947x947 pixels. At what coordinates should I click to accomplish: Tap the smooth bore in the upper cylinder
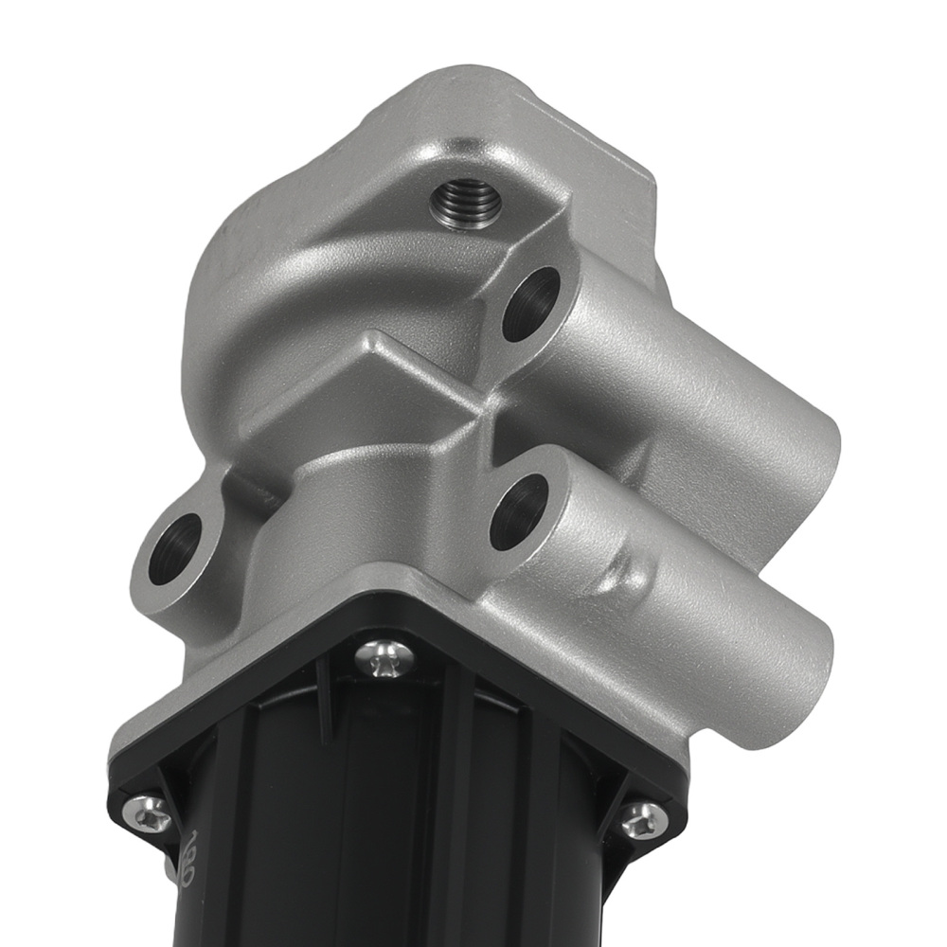[531, 304]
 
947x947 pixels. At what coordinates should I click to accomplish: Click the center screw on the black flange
[386, 655]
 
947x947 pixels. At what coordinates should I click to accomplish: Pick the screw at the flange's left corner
[149, 810]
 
